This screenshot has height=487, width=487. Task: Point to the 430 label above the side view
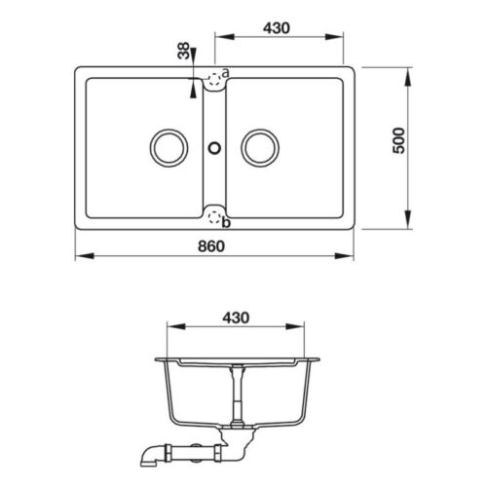pos(237,317)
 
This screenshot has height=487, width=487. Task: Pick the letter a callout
pos(225,73)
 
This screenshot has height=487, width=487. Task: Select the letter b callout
pos(226,223)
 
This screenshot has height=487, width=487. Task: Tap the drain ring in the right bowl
pos(260,148)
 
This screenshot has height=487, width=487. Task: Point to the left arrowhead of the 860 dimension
pos(79,257)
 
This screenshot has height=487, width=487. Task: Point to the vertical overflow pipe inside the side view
pos(235,394)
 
